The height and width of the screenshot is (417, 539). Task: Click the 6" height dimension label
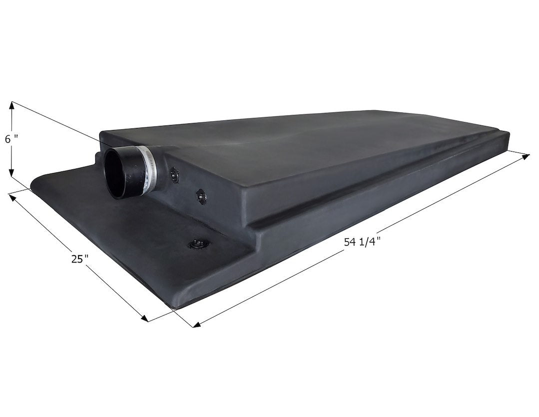pos(10,139)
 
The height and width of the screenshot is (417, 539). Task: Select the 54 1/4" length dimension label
pos(362,241)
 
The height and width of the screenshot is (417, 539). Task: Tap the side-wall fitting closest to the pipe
pos(175,174)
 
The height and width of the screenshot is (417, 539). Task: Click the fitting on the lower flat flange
pos(196,244)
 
